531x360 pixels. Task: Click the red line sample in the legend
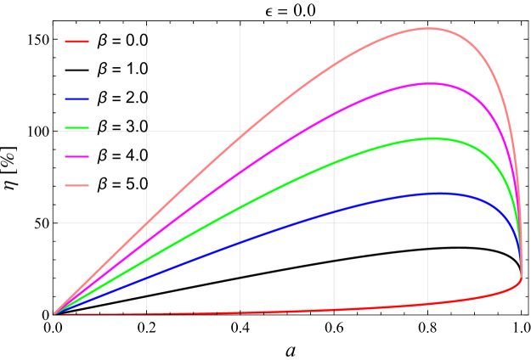click(x=76, y=41)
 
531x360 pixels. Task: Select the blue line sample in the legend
click(x=76, y=98)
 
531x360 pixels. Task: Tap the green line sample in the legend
click(x=76, y=127)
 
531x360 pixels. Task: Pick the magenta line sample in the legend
click(x=76, y=156)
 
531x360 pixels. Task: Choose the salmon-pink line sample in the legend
click(x=76, y=185)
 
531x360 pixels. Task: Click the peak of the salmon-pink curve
click(x=429, y=28)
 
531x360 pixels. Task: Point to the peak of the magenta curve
click(x=429, y=83)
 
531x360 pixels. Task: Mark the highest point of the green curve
click(x=432, y=138)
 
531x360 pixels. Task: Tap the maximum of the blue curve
click(x=438, y=194)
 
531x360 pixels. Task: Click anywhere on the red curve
click(x=340, y=309)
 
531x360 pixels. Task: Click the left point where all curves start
click(x=54, y=314)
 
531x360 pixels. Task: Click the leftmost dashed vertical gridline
click(x=146, y=85)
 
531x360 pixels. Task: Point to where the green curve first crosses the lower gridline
click(x=206, y=223)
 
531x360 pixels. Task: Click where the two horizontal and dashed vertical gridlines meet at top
click(x=146, y=131)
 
